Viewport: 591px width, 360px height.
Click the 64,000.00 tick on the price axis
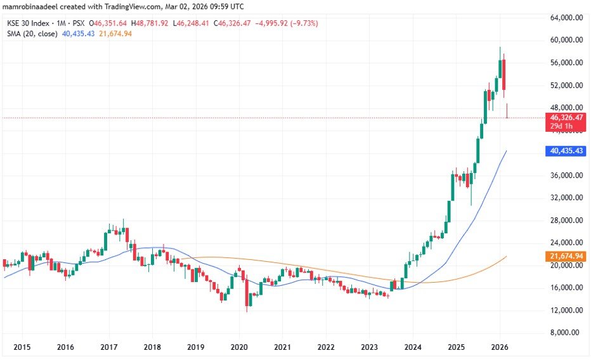pyautogui.click(x=566, y=18)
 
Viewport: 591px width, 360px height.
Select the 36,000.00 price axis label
pyautogui.click(x=566, y=176)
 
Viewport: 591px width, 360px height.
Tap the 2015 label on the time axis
pyautogui.click(x=22, y=347)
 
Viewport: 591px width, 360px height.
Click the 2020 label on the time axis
pyautogui.click(x=238, y=347)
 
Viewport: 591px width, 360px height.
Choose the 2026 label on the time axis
pyautogui.click(x=499, y=347)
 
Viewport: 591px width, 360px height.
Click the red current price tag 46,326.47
pyautogui.click(x=566, y=118)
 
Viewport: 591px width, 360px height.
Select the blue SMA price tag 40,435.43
pyautogui.click(x=566, y=151)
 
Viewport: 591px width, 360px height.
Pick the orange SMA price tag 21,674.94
pyautogui.click(x=566, y=255)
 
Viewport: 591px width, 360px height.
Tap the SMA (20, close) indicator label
pyautogui.click(x=30, y=33)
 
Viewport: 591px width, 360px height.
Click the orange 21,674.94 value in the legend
pyautogui.click(x=116, y=33)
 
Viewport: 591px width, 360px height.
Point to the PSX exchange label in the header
pyautogui.click(x=79, y=23)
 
